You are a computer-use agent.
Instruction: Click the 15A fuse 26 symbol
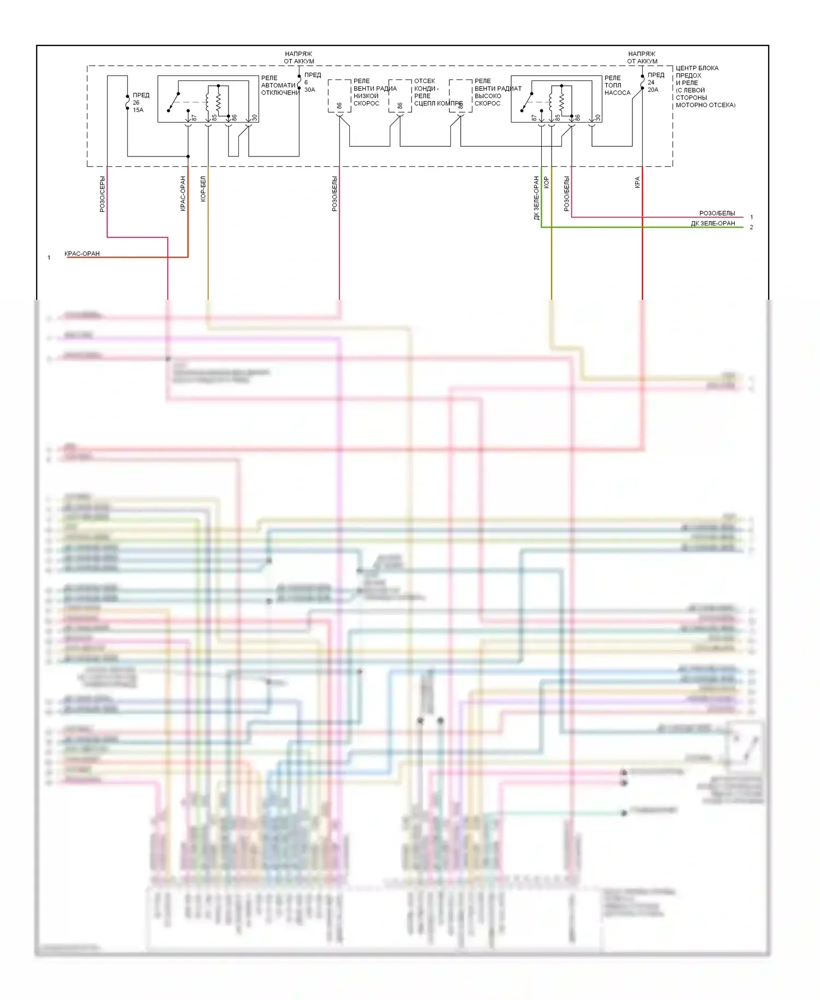[x=127, y=102]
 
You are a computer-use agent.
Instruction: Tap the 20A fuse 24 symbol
[x=642, y=82]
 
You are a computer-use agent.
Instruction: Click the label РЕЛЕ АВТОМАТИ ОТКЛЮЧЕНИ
[x=279, y=85]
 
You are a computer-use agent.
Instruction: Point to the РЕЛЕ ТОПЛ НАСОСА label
[x=617, y=85]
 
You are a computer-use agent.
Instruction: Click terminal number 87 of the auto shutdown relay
[x=194, y=118]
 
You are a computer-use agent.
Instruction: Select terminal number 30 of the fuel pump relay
[x=598, y=118]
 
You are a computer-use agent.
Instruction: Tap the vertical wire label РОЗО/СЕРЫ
[x=102, y=194]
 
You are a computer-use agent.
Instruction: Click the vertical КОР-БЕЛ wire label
[x=203, y=189]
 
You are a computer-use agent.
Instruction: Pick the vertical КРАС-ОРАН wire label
[x=183, y=193]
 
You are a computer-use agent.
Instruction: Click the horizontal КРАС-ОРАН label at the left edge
[x=82, y=254]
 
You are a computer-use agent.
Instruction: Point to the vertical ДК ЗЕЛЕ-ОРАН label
[x=536, y=198]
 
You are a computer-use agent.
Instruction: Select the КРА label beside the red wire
[x=637, y=183]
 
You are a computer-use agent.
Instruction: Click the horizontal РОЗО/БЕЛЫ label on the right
[x=717, y=213]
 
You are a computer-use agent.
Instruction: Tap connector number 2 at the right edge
[x=751, y=228]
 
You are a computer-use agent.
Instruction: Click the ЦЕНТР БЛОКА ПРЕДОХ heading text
[x=696, y=72]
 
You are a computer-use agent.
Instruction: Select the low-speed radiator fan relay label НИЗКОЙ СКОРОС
[x=366, y=100]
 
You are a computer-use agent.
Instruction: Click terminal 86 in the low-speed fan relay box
[x=339, y=106]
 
